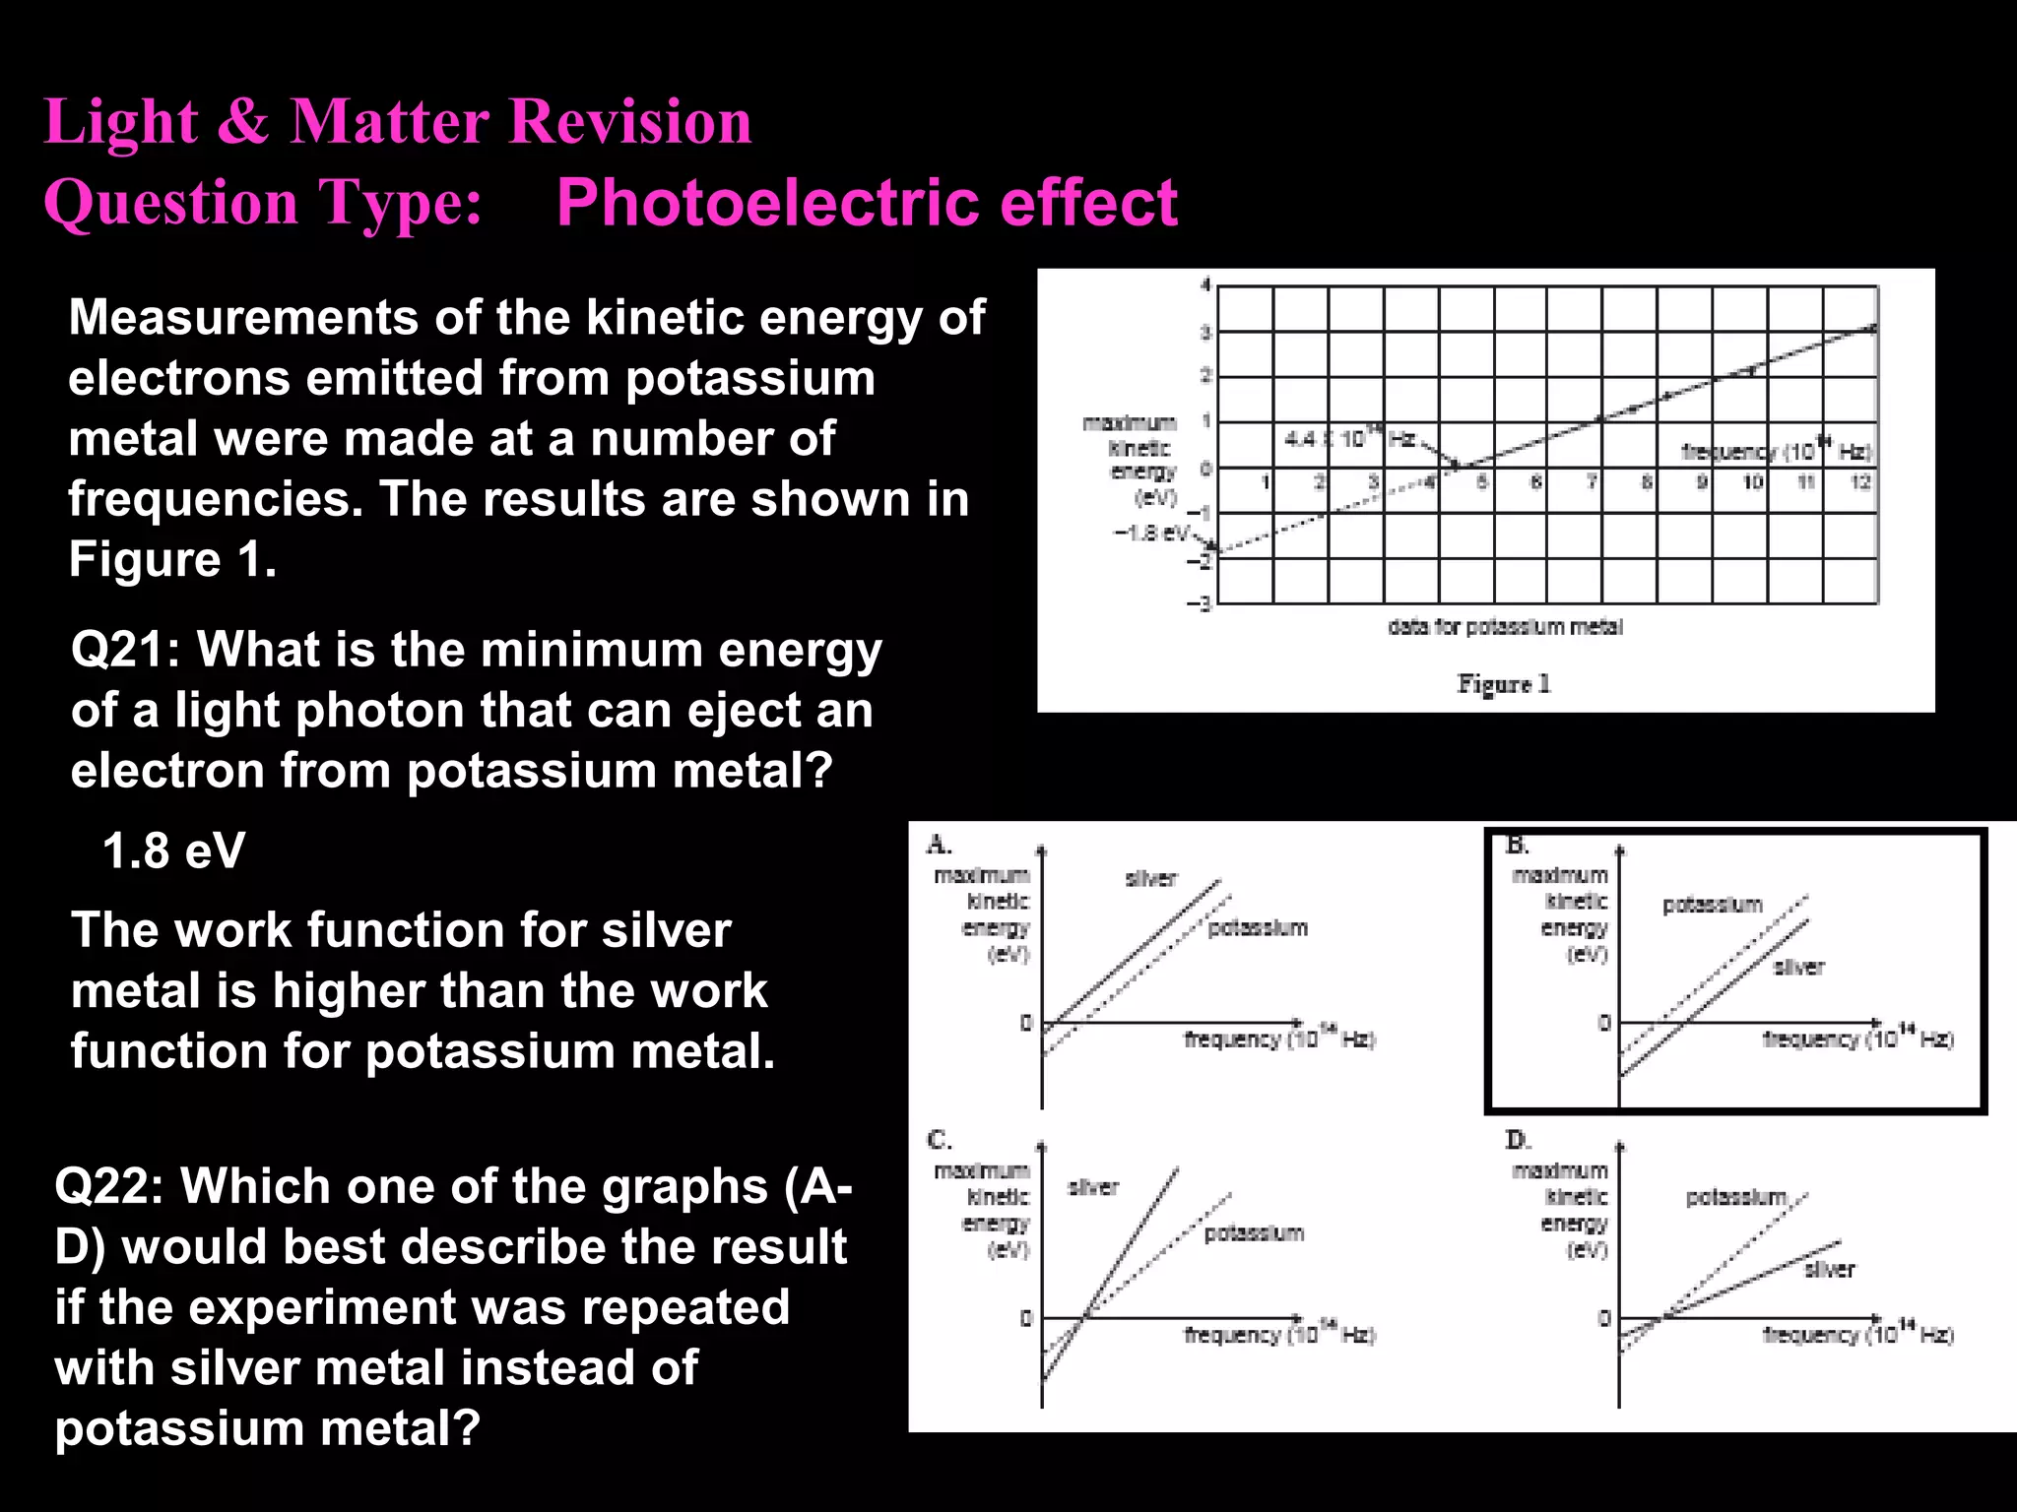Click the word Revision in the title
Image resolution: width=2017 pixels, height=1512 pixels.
[x=629, y=122]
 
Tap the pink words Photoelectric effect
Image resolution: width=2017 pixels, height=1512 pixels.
[x=867, y=203]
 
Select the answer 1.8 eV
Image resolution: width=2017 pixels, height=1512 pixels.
[x=173, y=850]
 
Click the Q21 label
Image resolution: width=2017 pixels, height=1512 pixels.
[x=124, y=651]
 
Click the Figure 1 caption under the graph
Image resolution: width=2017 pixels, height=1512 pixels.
[x=1504, y=683]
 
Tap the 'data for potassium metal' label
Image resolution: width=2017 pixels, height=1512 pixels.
[x=1504, y=627]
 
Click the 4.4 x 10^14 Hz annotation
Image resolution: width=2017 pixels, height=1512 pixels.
[x=1348, y=437]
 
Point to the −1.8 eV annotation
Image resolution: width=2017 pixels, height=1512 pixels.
[x=1150, y=533]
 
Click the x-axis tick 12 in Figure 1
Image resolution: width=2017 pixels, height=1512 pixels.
[x=1860, y=482]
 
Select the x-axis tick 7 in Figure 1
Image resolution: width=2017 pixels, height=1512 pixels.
[x=1592, y=482]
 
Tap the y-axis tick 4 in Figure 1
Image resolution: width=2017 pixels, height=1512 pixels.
[x=1204, y=285]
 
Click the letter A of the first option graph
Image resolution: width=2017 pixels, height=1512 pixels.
[x=938, y=845]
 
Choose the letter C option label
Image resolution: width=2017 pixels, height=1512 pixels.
[x=939, y=1140]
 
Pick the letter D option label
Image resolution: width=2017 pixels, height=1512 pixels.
[x=1517, y=1140]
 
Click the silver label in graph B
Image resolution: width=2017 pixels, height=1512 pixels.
[x=1798, y=968]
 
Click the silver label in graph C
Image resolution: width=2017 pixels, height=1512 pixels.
[x=1093, y=1187]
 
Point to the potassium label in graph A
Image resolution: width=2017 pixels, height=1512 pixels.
[x=1258, y=928]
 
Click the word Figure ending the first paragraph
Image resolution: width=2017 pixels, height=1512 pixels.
[x=145, y=560]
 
